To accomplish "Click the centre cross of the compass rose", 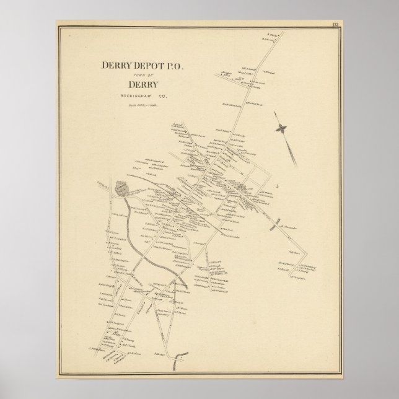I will [x=282, y=128].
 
